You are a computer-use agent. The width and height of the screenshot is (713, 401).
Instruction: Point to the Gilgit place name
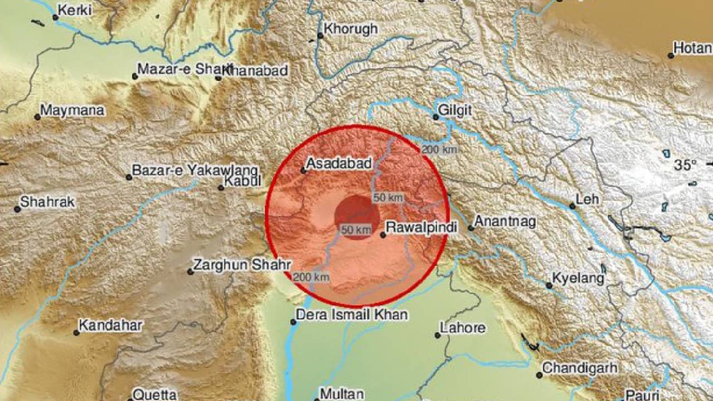[455, 110]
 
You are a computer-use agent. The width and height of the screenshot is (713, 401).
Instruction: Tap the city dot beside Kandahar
[76, 332]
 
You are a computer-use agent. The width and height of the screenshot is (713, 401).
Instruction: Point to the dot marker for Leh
[572, 206]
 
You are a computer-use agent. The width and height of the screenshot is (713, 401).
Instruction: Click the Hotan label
[692, 48]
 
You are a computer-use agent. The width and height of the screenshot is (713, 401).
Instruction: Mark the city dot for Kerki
[55, 17]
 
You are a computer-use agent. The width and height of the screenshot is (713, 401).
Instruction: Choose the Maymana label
[73, 110]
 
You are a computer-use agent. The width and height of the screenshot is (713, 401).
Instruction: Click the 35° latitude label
[685, 165]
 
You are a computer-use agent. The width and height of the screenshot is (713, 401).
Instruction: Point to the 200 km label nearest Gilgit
[439, 149]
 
